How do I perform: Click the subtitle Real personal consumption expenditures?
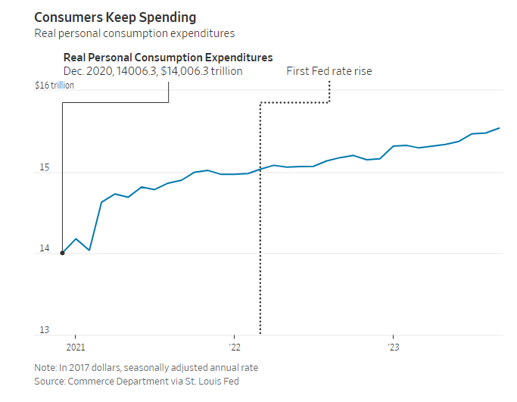coord(134,33)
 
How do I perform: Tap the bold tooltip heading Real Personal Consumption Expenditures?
coord(168,58)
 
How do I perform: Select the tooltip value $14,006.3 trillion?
coord(201,71)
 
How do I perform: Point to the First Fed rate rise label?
coord(329,71)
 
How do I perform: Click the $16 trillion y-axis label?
coord(55,85)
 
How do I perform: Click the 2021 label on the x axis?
coord(76,347)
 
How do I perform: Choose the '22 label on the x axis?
coord(234,347)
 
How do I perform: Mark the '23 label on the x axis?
coord(393,347)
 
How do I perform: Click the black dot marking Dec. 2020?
coord(62,253)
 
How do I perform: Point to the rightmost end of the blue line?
coord(499,128)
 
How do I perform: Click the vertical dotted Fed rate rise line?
coord(260,227)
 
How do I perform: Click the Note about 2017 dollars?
coord(145,368)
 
